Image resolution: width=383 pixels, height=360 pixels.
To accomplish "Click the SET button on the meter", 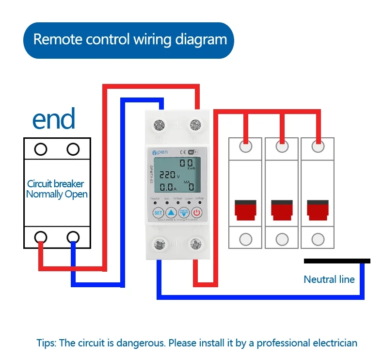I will (x=158, y=212).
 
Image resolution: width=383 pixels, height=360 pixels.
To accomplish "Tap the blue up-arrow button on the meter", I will (x=171, y=212).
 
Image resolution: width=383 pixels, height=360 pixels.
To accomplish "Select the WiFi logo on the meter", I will (x=193, y=152).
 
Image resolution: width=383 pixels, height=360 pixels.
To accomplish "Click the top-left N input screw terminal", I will (x=159, y=126).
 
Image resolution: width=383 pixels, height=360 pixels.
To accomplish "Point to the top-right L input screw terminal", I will (x=196, y=126).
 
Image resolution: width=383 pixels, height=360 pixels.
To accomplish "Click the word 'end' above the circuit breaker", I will (x=54, y=119).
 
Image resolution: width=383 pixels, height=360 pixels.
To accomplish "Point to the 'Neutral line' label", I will (x=329, y=279).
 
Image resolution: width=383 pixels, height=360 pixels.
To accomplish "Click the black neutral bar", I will (x=337, y=261).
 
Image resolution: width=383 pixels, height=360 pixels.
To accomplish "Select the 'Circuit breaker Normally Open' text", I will (x=57, y=189).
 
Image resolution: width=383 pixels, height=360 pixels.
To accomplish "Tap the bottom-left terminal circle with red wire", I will (x=41, y=236).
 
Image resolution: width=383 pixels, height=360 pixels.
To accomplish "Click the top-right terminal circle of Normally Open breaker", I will (x=73, y=149).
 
